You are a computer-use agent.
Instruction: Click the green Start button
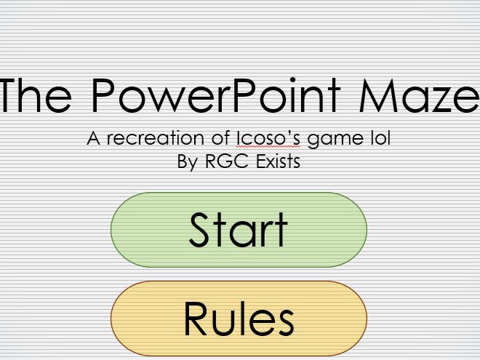click(239, 230)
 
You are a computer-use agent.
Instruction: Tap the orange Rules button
click(239, 318)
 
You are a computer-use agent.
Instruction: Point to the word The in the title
click(36, 95)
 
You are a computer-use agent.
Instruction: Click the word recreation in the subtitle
click(152, 138)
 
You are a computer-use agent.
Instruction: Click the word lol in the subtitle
click(380, 137)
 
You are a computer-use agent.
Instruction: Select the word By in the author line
click(187, 161)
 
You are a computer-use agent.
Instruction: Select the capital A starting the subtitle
click(93, 138)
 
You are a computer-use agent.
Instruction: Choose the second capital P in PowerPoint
click(246, 95)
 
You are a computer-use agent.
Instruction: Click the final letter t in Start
click(281, 230)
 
